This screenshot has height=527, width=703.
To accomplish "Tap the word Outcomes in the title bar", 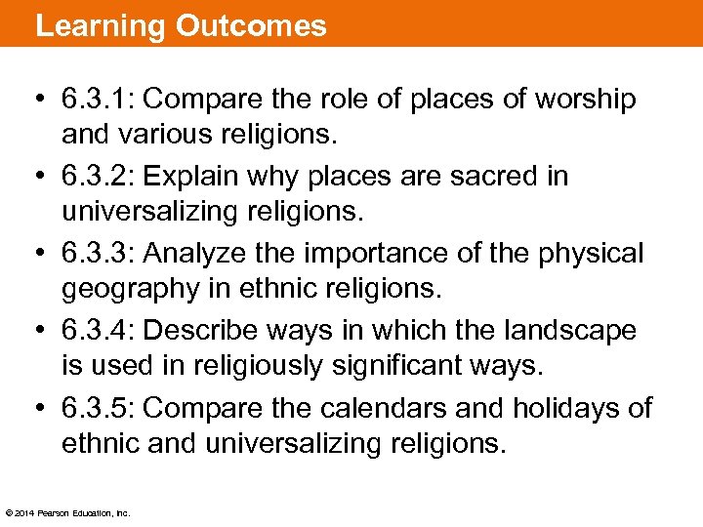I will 251,25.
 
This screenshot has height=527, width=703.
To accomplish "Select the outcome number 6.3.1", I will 100,99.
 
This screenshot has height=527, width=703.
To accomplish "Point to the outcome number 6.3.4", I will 100,330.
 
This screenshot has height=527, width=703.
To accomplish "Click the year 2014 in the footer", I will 24,512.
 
